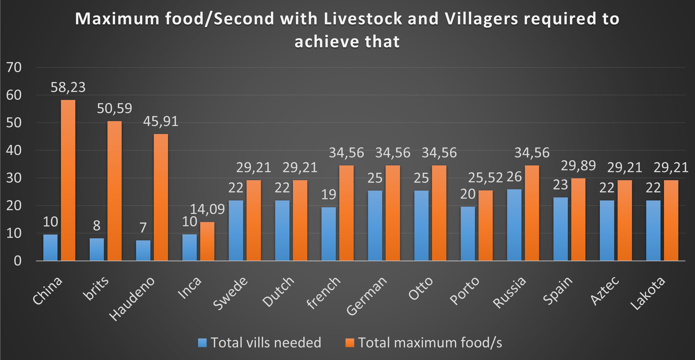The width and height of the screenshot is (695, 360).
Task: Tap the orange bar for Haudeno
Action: point(161,197)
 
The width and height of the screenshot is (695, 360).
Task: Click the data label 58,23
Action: point(68,87)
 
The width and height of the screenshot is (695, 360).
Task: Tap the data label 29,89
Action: point(578,166)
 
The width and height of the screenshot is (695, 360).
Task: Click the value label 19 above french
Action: point(329,195)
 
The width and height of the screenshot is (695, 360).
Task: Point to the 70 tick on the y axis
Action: point(14,67)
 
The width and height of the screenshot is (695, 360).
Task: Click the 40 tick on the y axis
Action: point(14,150)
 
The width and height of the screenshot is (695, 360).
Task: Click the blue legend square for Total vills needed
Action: point(202,343)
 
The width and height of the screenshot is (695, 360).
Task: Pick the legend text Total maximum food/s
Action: point(430,343)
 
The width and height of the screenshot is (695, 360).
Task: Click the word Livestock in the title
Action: point(363,19)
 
